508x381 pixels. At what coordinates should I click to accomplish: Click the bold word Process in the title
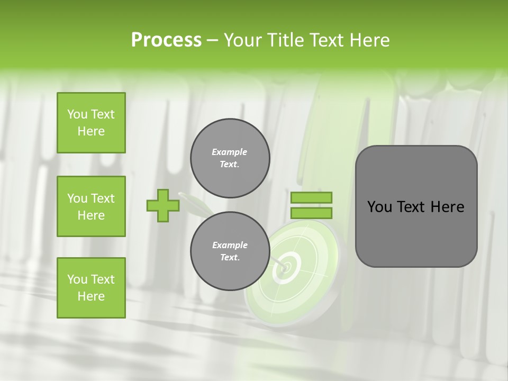coord(166,40)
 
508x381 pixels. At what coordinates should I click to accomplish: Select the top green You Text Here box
coord(91,123)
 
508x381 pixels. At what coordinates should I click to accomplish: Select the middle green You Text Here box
coord(91,206)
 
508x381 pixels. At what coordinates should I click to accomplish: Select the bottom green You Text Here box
coord(91,288)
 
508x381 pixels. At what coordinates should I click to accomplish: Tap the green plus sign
coord(162,205)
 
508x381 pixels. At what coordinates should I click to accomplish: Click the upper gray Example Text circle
coord(230,158)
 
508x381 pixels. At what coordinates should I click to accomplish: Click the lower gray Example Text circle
coord(230,251)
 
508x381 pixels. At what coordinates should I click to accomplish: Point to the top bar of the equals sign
coord(311,197)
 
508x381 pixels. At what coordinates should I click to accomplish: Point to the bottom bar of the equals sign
coord(311,213)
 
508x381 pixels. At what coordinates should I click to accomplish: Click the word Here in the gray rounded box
coord(447,207)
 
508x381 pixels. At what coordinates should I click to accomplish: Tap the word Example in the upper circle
coord(229,152)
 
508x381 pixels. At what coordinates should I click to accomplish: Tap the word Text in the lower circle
coord(230,258)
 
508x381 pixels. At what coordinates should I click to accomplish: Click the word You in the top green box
coord(77,114)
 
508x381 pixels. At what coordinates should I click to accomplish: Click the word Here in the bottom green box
coord(91,296)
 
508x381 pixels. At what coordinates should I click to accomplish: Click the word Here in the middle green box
coord(91,215)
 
